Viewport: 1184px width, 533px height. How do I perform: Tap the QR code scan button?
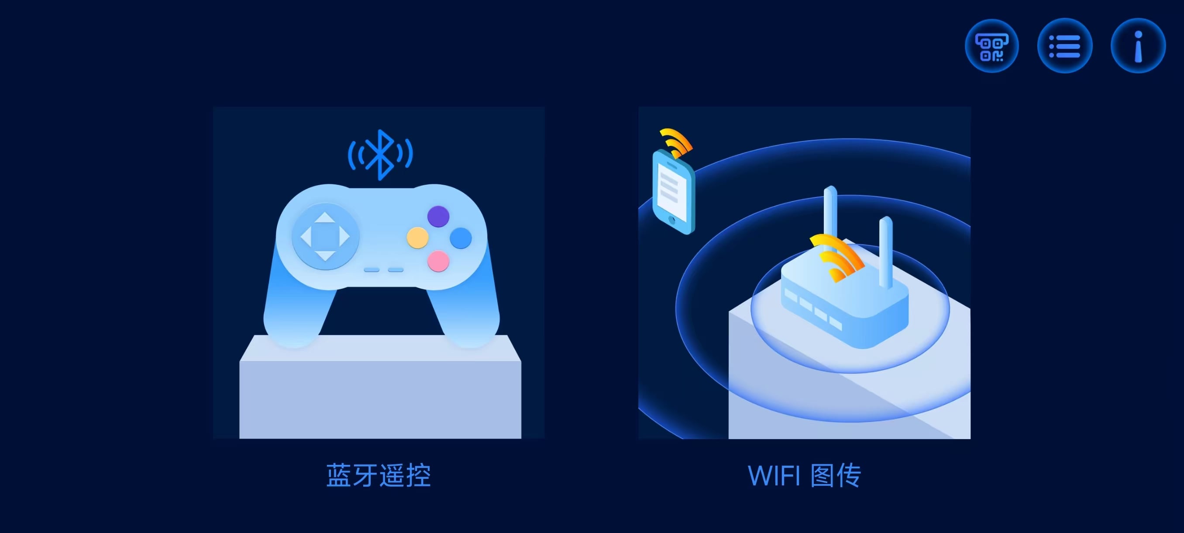(x=991, y=46)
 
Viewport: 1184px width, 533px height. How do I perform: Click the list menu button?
(x=1064, y=46)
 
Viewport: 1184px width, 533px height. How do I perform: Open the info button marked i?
(x=1138, y=46)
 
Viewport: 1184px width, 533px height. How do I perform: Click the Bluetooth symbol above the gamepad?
(x=380, y=155)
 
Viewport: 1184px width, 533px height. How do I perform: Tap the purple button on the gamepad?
(x=438, y=216)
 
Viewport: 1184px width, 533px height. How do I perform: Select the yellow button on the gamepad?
(x=417, y=238)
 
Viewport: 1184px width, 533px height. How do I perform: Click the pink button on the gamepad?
(x=438, y=261)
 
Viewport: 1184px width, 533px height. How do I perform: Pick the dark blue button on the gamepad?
(x=461, y=238)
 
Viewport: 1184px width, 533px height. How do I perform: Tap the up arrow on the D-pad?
(x=325, y=218)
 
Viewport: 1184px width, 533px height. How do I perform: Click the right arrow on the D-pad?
(x=345, y=237)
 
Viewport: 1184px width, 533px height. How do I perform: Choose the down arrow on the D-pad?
(x=325, y=256)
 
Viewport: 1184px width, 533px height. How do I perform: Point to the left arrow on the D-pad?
(x=306, y=237)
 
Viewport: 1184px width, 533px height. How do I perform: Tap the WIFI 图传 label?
(x=804, y=475)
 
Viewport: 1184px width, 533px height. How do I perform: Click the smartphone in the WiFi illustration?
(x=674, y=192)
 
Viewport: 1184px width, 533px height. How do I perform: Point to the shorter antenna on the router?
(x=886, y=252)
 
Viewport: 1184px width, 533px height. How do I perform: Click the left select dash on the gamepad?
(x=372, y=270)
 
